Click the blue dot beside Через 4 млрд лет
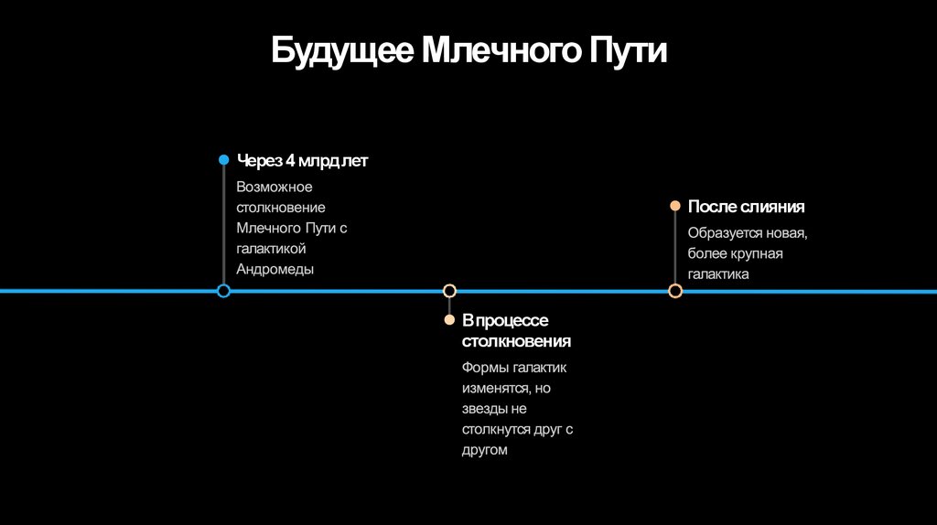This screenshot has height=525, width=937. [x=223, y=160]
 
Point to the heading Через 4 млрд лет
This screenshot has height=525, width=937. [x=302, y=161]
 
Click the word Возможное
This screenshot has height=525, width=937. [x=274, y=187]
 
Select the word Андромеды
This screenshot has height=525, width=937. [x=275, y=269]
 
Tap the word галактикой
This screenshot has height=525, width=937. [x=270, y=249]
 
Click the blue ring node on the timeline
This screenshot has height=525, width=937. [x=223, y=291]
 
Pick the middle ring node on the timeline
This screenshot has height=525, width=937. [x=449, y=291]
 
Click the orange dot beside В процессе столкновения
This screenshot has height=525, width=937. [x=449, y=320]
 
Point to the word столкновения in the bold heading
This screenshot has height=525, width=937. [x=516, y=341]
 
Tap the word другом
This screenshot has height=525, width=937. [x=484, y=450]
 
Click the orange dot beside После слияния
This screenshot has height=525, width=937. [x=675, y=207]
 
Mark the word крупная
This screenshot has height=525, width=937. [x=755, y=253]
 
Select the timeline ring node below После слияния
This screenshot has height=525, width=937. [x=675, y=291]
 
